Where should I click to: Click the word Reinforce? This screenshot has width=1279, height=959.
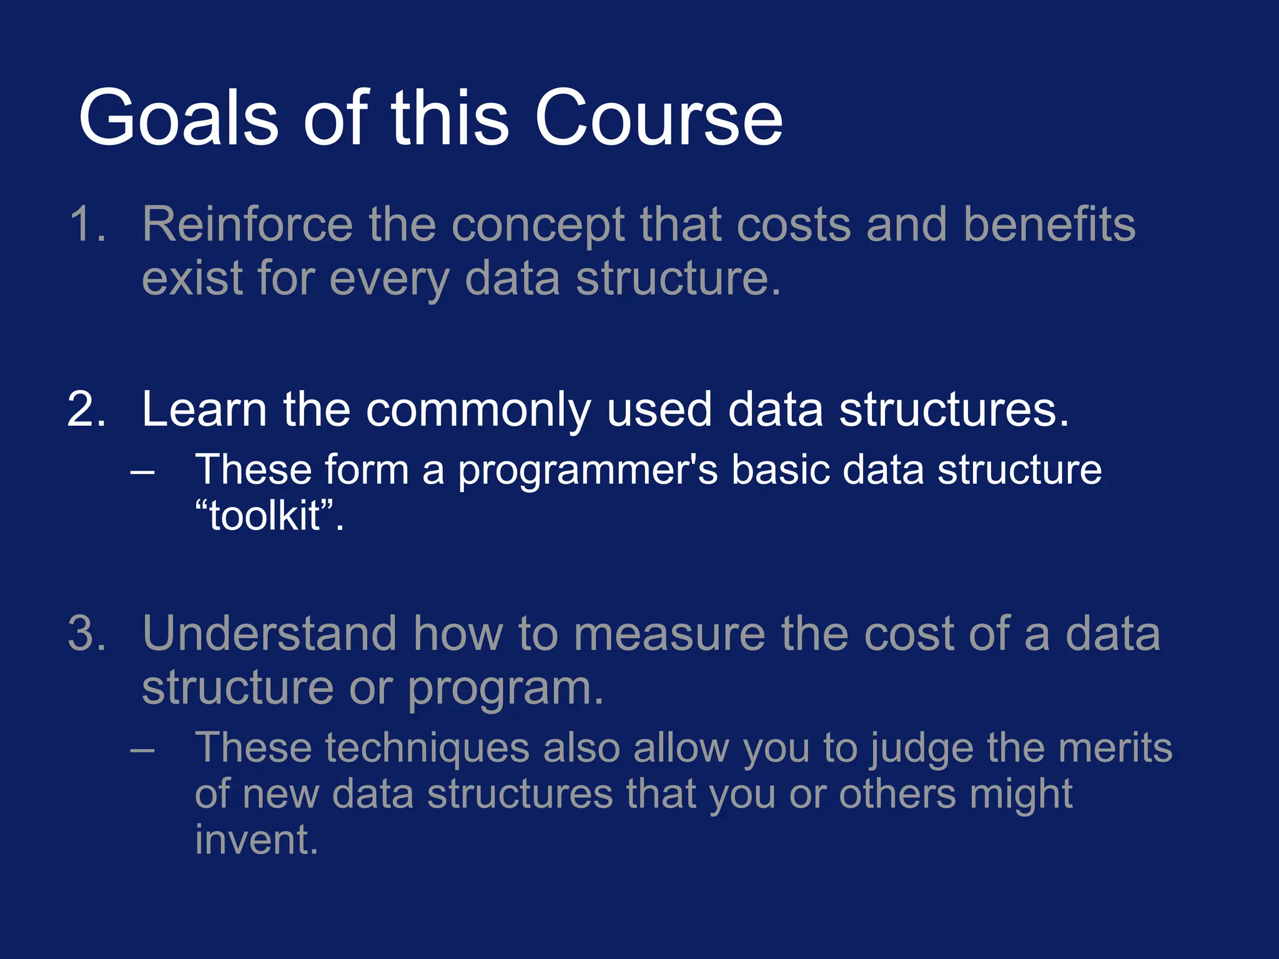tap(247, 224)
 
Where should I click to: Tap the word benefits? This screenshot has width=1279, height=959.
tap(1049, 224)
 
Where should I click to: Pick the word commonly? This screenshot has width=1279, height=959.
tap(478, 411)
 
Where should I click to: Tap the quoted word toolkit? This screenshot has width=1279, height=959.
tap(265, 516)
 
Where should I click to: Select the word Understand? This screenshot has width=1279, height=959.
tap(269, 634)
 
